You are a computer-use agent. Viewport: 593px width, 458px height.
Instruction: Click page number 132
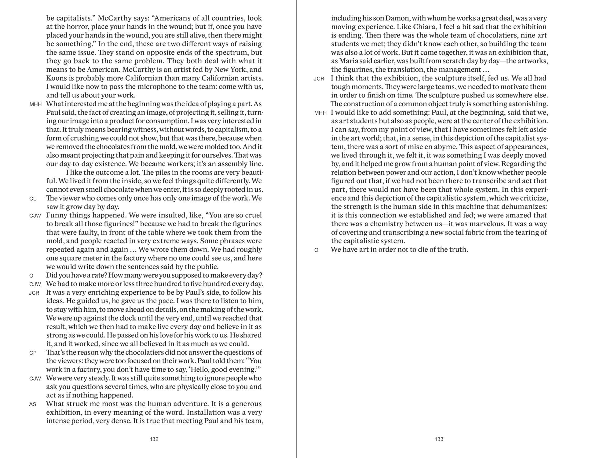[154, 439]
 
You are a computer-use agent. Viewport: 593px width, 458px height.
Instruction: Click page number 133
[439, 439]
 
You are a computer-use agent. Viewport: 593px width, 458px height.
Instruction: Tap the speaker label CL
[33, 199]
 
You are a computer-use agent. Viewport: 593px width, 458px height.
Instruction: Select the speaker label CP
[33, 353]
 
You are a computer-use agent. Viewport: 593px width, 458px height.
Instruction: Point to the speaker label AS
[33, 405]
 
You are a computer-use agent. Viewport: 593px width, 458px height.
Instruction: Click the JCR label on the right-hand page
[319, 79]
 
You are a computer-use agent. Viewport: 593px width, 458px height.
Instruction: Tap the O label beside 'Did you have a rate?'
[31, 276]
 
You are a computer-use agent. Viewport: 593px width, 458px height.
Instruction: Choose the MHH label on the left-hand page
[35, 104]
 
